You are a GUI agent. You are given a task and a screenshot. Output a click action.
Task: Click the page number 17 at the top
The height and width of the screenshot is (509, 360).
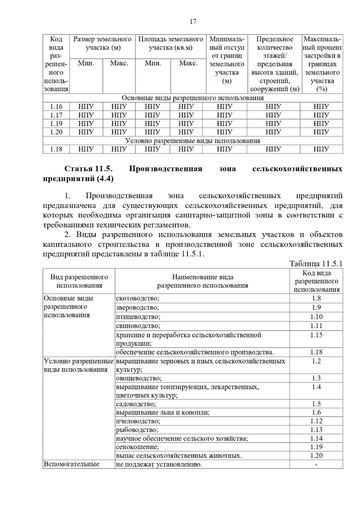tap(193, 22)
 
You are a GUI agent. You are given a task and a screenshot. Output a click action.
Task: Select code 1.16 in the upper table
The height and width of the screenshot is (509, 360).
tap(56, 106)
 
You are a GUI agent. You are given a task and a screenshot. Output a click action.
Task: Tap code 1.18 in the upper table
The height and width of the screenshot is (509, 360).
tap(56, 149)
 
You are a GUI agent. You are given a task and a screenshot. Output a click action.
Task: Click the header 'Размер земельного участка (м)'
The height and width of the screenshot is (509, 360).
tap(102, 43)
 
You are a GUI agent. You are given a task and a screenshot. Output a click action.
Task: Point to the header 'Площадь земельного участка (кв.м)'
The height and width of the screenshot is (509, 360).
tap(170, 43)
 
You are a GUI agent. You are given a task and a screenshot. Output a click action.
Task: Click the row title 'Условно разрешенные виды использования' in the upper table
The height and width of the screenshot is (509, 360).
tap(193, 141)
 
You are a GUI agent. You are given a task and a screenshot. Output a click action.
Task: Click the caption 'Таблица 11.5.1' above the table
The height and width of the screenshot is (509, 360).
tap(316, 263)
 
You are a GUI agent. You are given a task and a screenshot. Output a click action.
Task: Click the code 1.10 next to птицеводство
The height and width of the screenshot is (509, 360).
tap(316, 317)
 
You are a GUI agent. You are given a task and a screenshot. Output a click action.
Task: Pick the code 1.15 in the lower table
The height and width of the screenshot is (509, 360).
tap(316, 335)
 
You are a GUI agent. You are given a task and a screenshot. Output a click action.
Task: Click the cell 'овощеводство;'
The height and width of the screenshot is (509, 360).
tap(139, 378)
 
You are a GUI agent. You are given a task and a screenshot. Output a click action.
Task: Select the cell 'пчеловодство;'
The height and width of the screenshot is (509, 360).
tap(138, 421)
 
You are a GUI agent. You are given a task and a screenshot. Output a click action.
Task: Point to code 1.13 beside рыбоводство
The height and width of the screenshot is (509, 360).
tap(316, 430)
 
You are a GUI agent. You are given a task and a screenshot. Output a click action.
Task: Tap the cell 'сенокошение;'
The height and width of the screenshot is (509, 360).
tap(137, 447)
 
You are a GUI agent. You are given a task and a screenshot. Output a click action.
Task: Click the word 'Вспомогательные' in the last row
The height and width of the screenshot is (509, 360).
tap(71, 464)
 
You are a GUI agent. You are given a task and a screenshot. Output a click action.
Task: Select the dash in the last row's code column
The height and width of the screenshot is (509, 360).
tap(316, 464)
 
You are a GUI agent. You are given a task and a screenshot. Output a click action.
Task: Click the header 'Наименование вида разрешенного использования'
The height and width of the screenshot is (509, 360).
tap(202, 281)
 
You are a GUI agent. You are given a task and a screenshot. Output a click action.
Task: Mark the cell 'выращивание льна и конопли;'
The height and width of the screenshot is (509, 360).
tap(163, 412)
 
